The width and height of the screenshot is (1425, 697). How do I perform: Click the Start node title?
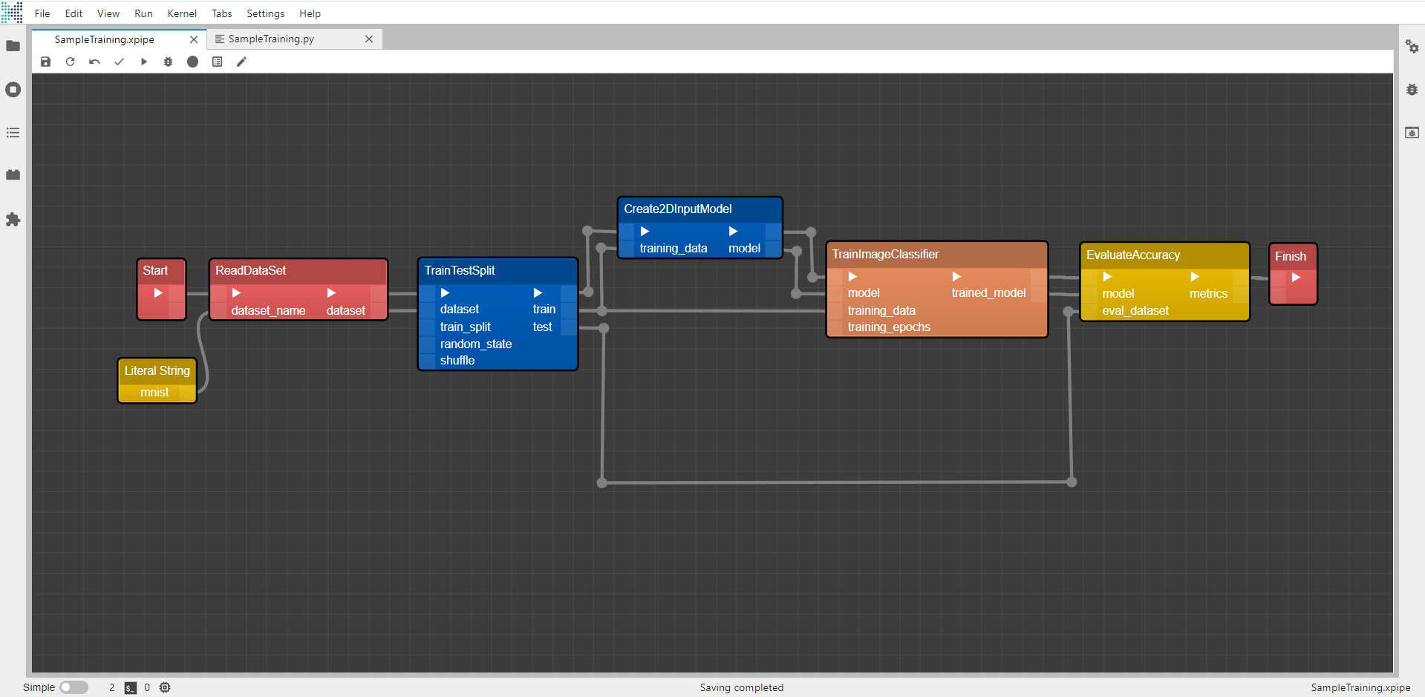click(155, 270)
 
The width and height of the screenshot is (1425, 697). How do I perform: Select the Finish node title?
click(1290, 256)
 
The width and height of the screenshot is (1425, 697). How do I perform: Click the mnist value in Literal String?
click(154, 392)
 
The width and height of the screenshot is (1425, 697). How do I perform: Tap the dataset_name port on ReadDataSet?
click(268, 310)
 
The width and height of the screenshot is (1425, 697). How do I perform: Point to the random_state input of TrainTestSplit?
click(475, 344)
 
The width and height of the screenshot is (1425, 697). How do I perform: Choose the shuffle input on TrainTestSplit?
click(457, 360)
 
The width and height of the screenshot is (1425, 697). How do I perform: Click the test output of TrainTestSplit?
click(542, 327)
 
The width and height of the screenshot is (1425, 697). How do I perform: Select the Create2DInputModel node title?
click(677, 209)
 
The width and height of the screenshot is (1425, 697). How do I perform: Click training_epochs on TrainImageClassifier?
click(889, 327)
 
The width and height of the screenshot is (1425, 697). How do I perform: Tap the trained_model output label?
click(988, 292)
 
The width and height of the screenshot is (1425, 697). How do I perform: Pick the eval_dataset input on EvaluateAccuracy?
click(1135, 310)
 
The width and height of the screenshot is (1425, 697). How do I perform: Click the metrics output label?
click(1208, 293)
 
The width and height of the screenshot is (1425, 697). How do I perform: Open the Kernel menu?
click(182, 13)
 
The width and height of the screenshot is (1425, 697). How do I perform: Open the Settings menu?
click(265, 13)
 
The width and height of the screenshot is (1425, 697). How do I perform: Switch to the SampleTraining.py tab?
click(271, 39)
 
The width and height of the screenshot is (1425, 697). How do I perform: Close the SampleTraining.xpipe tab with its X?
click(194, 39)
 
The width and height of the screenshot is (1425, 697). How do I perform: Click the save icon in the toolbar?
click(45, 62)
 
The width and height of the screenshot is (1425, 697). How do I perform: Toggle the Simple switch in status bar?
click(74, 687)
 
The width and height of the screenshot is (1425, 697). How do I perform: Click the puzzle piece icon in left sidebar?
click(13, 220)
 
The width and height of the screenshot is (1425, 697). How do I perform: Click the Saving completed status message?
click(741, 687)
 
